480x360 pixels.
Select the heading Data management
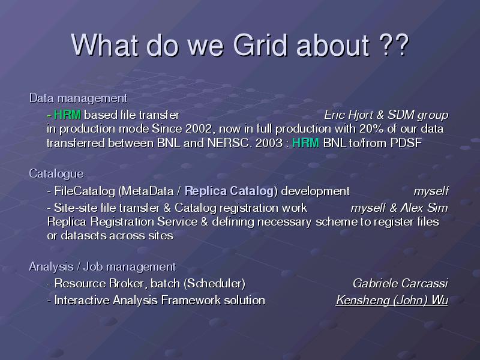78,98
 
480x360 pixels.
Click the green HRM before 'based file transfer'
67,115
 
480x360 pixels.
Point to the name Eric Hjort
349,115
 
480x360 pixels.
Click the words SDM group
418,115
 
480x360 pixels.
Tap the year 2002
199,129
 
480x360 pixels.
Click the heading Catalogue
56,174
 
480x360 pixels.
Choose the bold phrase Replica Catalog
229,191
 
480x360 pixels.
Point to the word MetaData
148,191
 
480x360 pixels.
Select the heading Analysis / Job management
102,267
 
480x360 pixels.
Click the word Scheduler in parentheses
216,283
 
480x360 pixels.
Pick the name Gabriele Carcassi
400,283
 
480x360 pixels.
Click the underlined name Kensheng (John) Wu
392,301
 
